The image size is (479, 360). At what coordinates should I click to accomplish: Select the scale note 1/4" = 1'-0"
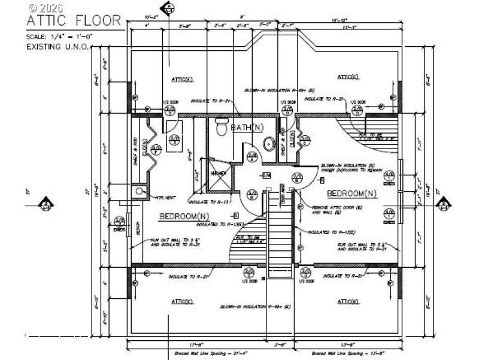tap(59, 37)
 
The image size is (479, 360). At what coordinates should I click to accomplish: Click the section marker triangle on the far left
tap(45, 205)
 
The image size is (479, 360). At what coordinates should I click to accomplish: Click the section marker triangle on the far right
tap(444, 205)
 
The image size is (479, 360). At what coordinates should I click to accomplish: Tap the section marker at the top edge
tap(169, 8)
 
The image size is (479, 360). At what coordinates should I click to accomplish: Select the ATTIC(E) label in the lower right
tap(347, 302)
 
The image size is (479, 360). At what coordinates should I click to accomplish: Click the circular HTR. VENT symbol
tap(140, 191)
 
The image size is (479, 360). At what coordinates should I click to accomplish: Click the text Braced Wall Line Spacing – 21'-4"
tap(204, 353)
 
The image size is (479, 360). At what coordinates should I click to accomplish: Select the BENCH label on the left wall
tap(137, 228)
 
